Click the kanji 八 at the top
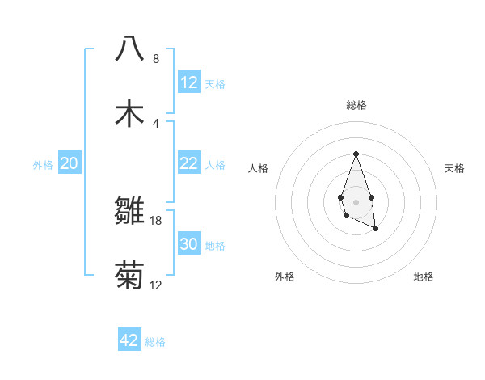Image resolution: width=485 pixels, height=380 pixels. pyautogui.click(x=129, y=49)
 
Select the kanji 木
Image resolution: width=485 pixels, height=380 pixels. pyautogui.click(x=129, y=114)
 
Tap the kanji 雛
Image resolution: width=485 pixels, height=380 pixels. pyautogui.click(x=129, y=212)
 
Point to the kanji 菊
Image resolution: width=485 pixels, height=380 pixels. pyautogui.click(x=129, y=277)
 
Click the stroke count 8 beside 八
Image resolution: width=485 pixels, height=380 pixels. pyautogui.click(x=156, y=59)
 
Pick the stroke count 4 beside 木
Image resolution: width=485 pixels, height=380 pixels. pyautogui.click(x=156, y=124)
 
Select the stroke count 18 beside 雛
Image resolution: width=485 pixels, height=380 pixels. pyautogui.click(x=156, y=221)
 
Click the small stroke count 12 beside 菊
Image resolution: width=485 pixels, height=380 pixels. pyautogui.click(x=156, y=285)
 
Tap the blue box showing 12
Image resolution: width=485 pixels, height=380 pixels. pyautogui.click(x=189, y=82)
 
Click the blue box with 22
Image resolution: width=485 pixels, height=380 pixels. pyautogui.click(x=189, y=163)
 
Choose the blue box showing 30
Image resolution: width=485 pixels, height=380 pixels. pyautogui.click(x=189, y=244)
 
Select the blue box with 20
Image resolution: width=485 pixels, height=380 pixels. pyautogui.click(x=70, y=163)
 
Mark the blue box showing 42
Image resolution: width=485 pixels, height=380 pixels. pyautogui.click(x=129, y=340)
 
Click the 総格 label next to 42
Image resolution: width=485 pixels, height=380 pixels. pyautogui.click(x=155, y=342)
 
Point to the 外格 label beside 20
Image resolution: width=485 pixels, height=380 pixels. pyautogui.click(x=43, y=165)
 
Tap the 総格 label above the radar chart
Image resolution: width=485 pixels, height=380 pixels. pyautogui.click(x=356, y=105)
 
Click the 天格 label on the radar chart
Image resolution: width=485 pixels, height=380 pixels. pyautogui.click(x=454, y=168)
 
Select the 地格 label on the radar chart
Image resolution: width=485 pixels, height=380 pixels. pyautogui.click(x=424, y=277)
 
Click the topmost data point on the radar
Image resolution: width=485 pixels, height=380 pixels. pyautogui.click(x=356, y=154)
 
